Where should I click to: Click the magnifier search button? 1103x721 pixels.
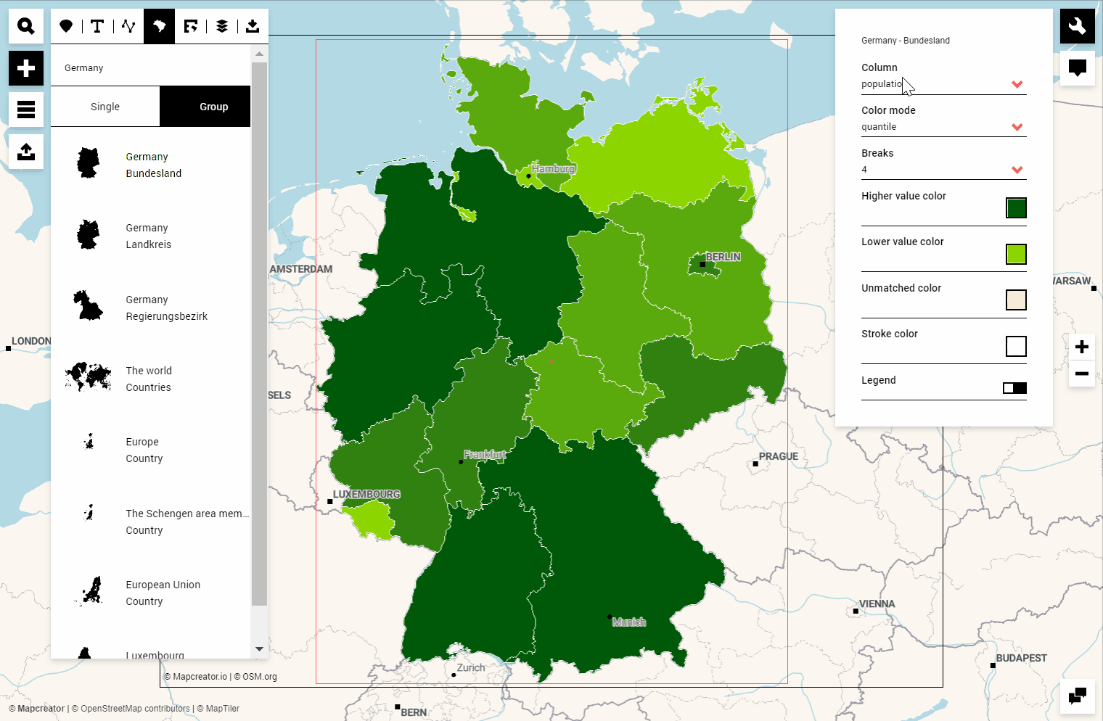[x=26, y=27]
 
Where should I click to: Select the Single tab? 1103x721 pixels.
[x=105, y=107]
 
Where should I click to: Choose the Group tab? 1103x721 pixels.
[x=213, y=107]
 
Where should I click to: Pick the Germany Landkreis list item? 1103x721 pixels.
[x=148, y=236]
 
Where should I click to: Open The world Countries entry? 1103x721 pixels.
[x=148, y=379]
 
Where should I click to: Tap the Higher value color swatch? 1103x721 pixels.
[x=1016, y=208]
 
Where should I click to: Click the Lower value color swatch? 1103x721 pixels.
[x=1016, y=254]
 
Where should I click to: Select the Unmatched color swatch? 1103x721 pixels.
[x=1016, y=300]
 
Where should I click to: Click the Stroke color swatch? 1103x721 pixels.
[x=1016, y=346]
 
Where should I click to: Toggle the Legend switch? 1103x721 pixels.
[x=1014, y=388]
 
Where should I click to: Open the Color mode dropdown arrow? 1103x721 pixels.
[x=1017, y=127]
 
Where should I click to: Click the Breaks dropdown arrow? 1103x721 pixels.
[x=1017, y=170]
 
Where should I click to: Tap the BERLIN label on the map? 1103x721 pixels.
[x=723, y=257]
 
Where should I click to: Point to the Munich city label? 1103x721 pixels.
[x=628, y=622]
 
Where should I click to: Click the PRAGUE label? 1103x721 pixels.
[x=778, y=456]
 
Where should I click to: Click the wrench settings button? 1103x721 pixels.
[x=1078, y=27]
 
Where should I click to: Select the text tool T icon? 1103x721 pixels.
[x=97, y=27]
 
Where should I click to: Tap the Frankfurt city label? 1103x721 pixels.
[x=485, y=455]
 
